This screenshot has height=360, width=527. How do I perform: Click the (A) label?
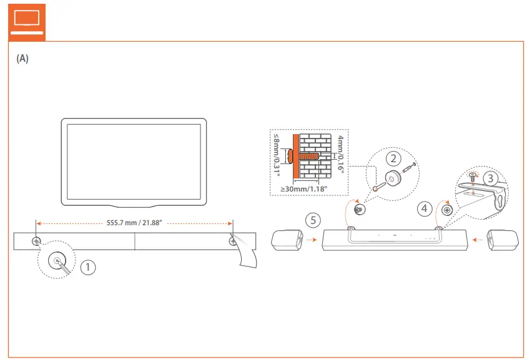click(22, 59)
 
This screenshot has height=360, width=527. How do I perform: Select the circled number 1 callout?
click(89, 266)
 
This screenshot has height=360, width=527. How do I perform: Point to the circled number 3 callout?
click(491, 178)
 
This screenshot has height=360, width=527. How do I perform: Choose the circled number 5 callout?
click(313, 220)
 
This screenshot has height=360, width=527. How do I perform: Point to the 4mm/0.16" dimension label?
click(340, 153)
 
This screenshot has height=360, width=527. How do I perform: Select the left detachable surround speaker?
click(287, 240)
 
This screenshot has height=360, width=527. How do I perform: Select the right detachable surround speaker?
click(503, 239)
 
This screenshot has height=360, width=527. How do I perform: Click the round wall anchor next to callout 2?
click(392, 179)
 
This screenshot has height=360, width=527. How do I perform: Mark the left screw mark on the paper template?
click(37, 240)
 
